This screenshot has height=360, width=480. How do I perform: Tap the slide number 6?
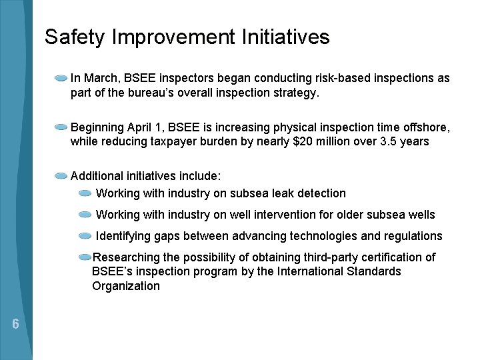tap(15, 325)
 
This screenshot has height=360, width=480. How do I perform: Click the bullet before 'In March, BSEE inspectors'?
tap(61, 78)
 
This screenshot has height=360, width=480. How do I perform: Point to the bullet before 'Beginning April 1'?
tap(61, 127)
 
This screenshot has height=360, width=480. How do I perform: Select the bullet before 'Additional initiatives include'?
tap(61, 176)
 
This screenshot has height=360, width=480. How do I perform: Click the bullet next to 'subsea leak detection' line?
tap(85, 193)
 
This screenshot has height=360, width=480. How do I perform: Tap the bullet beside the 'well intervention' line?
tap(85, 215)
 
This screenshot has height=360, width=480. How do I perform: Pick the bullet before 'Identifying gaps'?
tap(85, 236)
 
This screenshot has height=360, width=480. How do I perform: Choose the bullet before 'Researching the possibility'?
tap(85, 257)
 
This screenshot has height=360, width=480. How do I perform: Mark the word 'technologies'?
tap(323, 236)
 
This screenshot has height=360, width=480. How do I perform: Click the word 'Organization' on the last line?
tap(126, 286)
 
